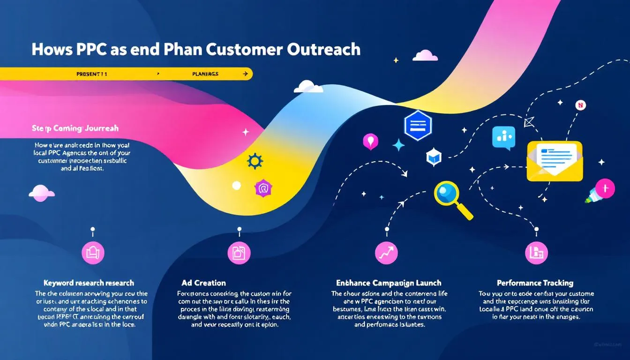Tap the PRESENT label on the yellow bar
point(91,74)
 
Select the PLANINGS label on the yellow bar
point(205,74)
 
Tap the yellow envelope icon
point(555,161)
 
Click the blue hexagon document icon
point(417,126)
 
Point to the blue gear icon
point(255,161)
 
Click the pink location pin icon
point(370,141)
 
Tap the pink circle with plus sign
point(606,188)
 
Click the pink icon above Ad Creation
point(239,253)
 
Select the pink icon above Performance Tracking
point(536,253)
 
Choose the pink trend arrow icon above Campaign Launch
point(386,253)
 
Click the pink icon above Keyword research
point(93,253)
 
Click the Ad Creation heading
point(203,283)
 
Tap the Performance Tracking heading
point(535,283)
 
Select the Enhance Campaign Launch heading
point(389,283)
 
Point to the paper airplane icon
point(530,122)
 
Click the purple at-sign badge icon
point(263,188)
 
